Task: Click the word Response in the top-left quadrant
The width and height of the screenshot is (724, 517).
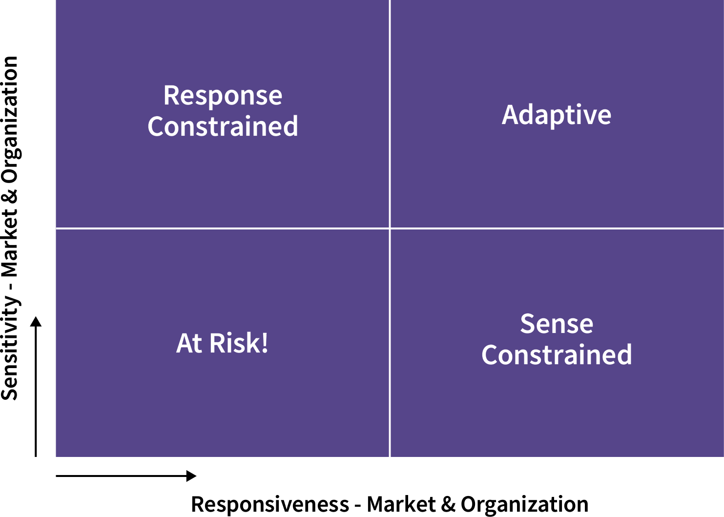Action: tap(223, 96)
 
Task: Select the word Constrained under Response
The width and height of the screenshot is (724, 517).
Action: tap(223, 126)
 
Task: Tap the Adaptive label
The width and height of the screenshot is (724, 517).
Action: tap(556, 116)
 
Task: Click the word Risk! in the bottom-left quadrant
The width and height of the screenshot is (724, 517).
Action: tap(239, 343)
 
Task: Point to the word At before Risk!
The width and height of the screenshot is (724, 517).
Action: tap(189, 343)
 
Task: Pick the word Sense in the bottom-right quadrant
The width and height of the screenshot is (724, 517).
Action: tap(557, 324)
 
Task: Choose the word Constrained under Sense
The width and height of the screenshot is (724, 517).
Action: tap(557, 355)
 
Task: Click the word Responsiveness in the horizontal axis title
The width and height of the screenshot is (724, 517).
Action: tap(270, 504)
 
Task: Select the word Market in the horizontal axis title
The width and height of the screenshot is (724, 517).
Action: tap(401, 504)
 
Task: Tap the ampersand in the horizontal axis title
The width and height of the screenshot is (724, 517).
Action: tap(448, 504)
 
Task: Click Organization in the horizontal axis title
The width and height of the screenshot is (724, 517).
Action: tap(524, 505)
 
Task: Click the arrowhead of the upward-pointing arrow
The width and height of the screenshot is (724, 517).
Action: tap(36, 322)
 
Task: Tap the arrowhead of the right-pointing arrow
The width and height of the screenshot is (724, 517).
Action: tap(191, 476)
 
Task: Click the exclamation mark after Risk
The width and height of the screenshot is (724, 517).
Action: tap(265, 343)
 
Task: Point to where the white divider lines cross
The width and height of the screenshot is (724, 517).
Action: tap(390, 228)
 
